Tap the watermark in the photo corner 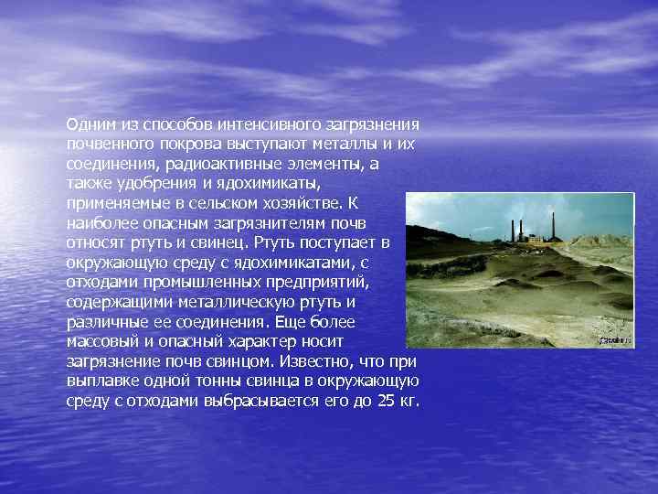click(615, 339)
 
